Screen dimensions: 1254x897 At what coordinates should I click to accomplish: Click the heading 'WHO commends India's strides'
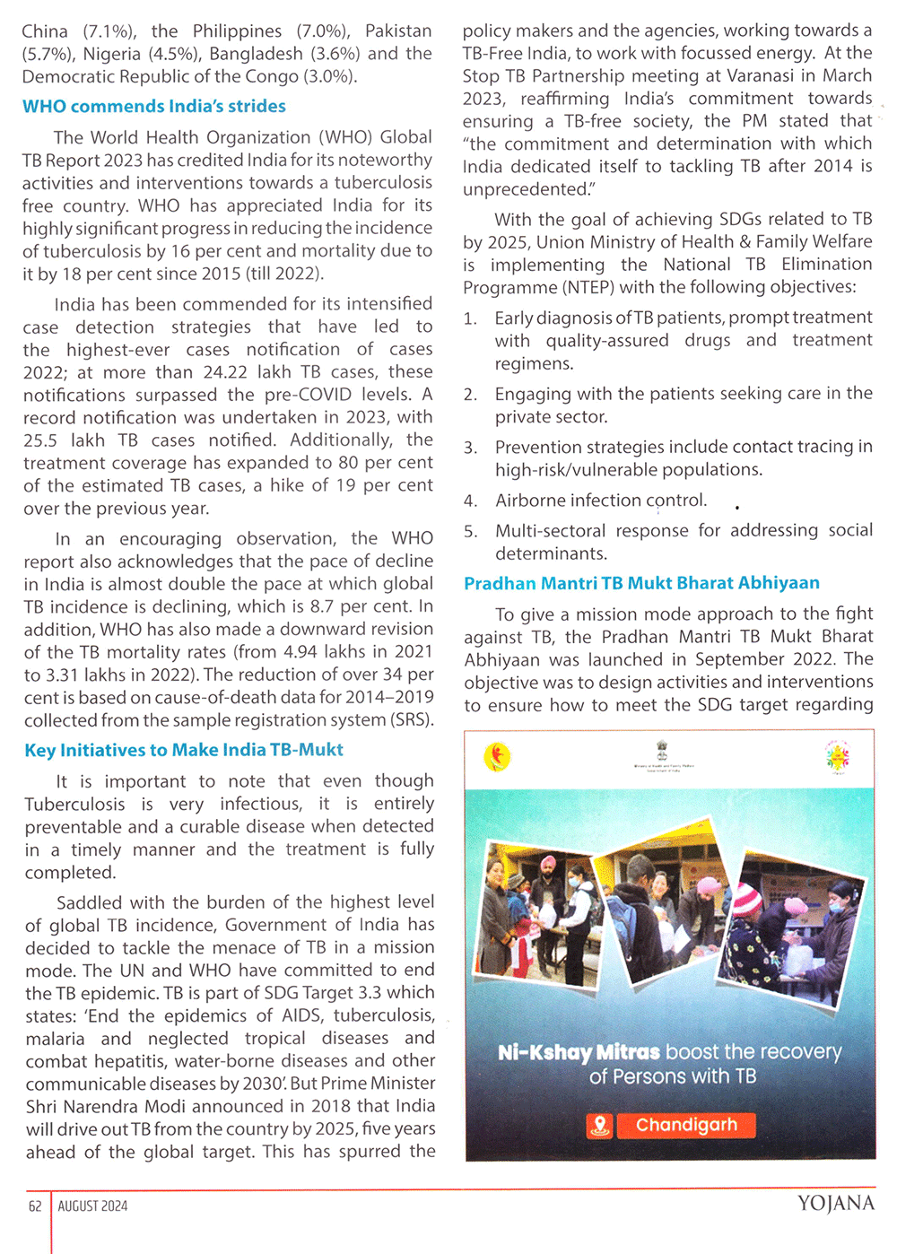pos(154,107)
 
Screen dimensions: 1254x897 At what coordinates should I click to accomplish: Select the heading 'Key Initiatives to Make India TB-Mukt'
pos(184,750)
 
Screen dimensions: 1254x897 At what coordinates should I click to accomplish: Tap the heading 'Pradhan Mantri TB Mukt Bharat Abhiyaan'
pos(641,583)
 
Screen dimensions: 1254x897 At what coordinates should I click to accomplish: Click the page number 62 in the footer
pos(35,1206)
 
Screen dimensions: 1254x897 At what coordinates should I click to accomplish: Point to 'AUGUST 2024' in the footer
pos(92,1206)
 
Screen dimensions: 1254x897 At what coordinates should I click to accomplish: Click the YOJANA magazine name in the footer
pos(835,1204)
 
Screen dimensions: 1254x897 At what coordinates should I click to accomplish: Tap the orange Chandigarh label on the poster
pos(686,1125)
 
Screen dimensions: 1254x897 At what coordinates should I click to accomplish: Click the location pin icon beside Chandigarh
pos(600,1125)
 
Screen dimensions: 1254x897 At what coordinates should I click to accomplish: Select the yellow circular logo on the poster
pos(498,757)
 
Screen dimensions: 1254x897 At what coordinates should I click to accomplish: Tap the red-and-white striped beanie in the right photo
pos(747,896)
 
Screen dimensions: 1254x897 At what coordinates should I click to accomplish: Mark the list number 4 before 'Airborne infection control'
pos(470,501)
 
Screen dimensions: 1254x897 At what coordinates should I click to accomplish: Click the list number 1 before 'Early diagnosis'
pos(470,318)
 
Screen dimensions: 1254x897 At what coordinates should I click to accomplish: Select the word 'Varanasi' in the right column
pos(768,76)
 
